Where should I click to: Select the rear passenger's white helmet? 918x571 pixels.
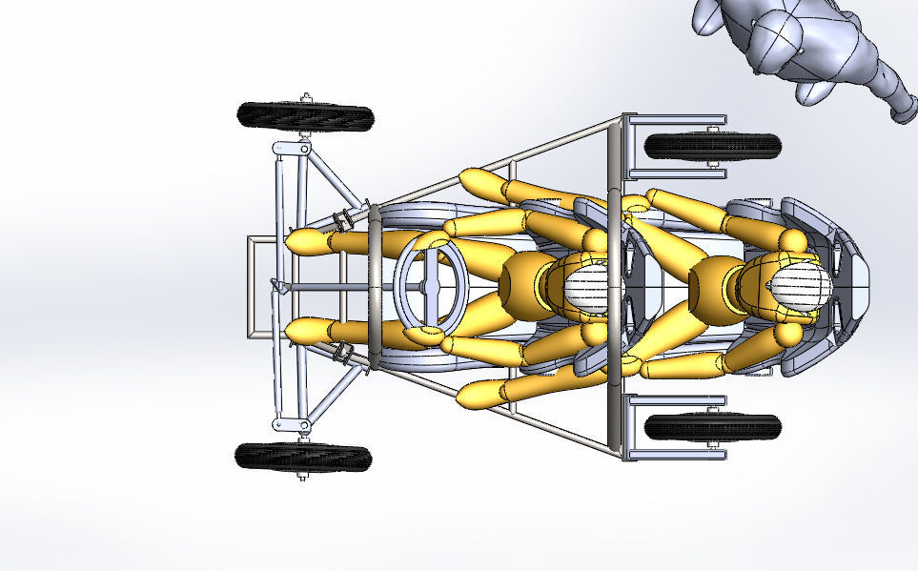(796, 285)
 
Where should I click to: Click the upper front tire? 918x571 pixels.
(305, 116)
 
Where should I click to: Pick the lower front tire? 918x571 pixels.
(303, 457)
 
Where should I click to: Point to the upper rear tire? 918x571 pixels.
(712, 146)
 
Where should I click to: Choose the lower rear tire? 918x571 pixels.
(712, 426)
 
